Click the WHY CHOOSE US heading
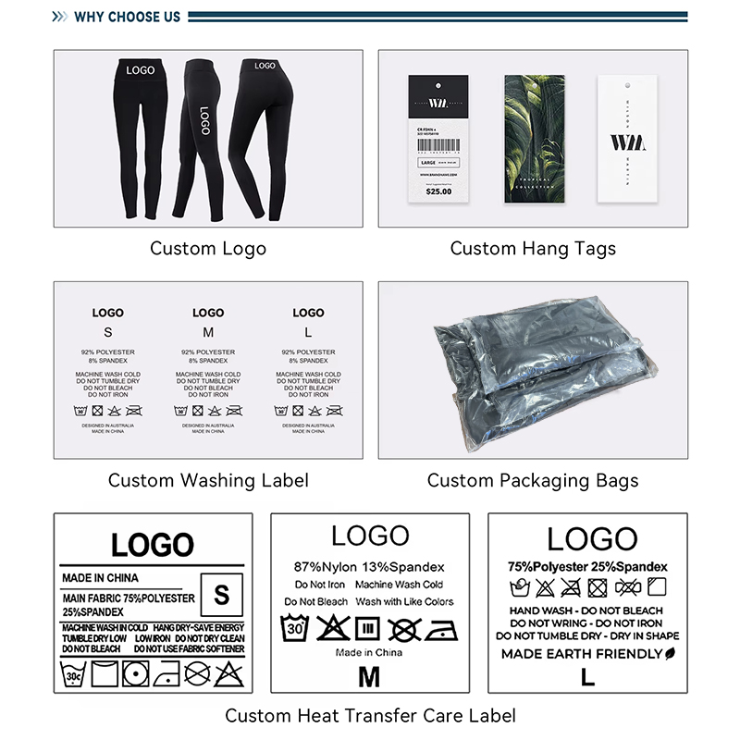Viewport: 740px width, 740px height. [x=128, y=17]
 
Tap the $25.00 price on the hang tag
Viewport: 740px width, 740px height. [x=438, y=191]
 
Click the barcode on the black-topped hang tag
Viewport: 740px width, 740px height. [x=438, y=142]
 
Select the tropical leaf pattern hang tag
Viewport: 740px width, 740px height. [x=534, y=139]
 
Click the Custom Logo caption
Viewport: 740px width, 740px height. [x=208, y=248]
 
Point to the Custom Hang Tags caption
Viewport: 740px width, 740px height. [x=533, y=248]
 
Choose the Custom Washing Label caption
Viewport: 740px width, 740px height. [x=208, y=480]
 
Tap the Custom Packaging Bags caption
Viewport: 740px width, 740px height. [x=533, y=480]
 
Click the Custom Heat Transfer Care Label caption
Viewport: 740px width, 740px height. [x=370, y=715]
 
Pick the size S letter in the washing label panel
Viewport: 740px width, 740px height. [x=107, y=332]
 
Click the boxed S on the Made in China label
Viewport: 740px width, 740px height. [x=221, y=595]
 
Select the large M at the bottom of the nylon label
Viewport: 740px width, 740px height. [x=369, y=676]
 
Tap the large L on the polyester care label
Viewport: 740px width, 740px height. [x=586, y=676]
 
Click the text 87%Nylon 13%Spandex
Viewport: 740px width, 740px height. [x=369, y=566]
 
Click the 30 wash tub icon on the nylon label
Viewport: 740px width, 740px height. [x=296, y=630]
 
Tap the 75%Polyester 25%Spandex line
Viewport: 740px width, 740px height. [x=586, y=566]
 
